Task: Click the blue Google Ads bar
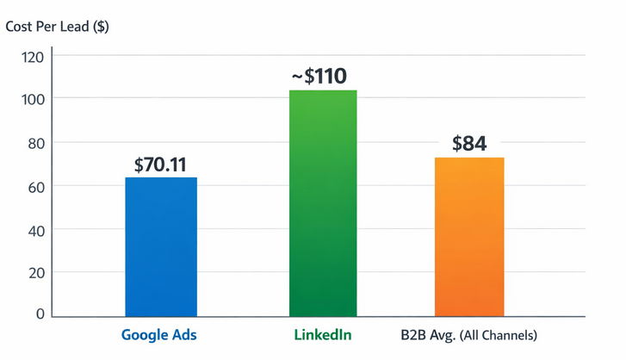[x=161, y=247]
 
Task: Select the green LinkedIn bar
[x=323, y=203]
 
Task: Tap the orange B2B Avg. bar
[x=469, y=237]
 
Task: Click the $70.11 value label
[x=161, y=164]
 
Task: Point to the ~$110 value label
[x=319, y=77]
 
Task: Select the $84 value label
[x=469, y=144]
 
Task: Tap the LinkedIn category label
[x=322, y=334]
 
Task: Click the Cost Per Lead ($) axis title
[x=57, y=26]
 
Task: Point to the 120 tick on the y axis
[x=33, y=57]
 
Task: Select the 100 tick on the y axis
[x=33, y=99]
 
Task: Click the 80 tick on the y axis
[x=34, y=143]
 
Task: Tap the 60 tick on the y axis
[x=34, y=186]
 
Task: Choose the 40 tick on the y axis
[x=34, y=229]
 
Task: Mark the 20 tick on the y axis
[x=34, y=273]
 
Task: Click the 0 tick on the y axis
[x=40, y=315]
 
